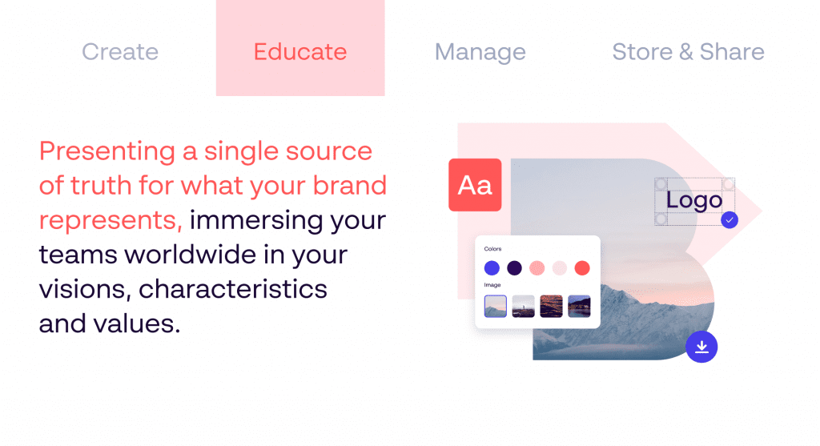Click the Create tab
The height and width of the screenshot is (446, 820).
(120, 52)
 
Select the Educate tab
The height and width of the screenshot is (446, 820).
(300, 47)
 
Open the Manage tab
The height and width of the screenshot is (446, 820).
(480, 52)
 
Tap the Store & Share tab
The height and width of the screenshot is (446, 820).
(688, 52)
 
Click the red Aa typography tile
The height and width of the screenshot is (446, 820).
(475, 185)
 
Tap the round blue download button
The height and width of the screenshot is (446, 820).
(701, 347)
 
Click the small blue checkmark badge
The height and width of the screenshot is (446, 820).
(730, 220)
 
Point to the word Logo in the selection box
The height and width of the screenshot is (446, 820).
(694, 200)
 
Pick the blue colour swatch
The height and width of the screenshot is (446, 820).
(492, 268)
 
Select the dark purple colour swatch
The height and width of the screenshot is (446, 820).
(515, 268)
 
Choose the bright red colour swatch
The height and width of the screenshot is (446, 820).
(582, 268)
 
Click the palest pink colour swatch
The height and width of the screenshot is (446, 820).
(560, 268)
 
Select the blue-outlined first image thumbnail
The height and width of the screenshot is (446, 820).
(495, 307)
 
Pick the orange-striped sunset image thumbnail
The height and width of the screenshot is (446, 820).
(551, 307)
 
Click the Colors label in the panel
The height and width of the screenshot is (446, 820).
(492, 249)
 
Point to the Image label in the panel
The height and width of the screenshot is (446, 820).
(492, 285)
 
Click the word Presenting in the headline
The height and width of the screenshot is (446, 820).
(107, 152)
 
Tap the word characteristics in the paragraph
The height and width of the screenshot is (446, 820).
(233, 289)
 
